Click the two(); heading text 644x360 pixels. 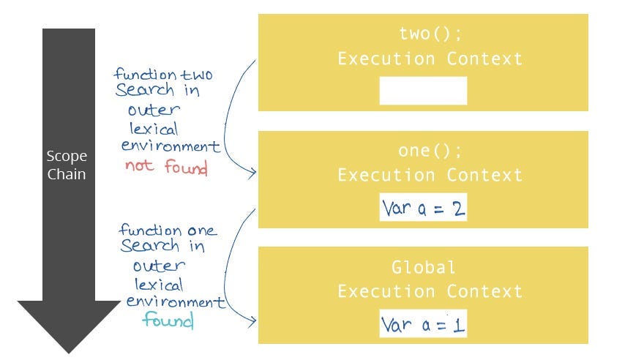pyautogui.click(x=423, y=34)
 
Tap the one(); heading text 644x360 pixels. pyautogui.click(x=423, y=151)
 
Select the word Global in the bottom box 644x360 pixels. pyautogui.click(x=423, y=267)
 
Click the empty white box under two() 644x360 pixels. pyautogui.click(x=423, y=91)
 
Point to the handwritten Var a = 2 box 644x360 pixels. pyautogui.click(x=423, y=208)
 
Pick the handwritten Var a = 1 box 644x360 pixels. pyautogui.click(x=423, y=323)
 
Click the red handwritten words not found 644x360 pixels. pyautogui.click(x=166, y=167)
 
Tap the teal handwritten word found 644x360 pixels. pyautogui.click(x=168, y=320)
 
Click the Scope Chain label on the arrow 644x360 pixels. pyautogui.click(x=67, y=165)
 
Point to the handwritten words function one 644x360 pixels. pyautogui.click(x=168, y=230)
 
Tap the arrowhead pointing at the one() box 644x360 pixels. pyautogui.click(x=252, y=173)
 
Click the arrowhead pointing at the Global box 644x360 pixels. pyautogui.click(x=252, y=320)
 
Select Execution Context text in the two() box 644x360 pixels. pyautogui.click(x=430, y=59)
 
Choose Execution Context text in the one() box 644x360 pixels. pyautogui.click(x=430, y=176)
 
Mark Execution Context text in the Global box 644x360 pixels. pyautogui.click(x=430, y=291)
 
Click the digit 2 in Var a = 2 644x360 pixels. pyautogui.click(x=457, y=209)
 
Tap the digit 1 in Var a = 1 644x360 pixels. pyautogui.click(x=457, y=324)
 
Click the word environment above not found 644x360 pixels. pyautogui.click(x=171, y=146)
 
